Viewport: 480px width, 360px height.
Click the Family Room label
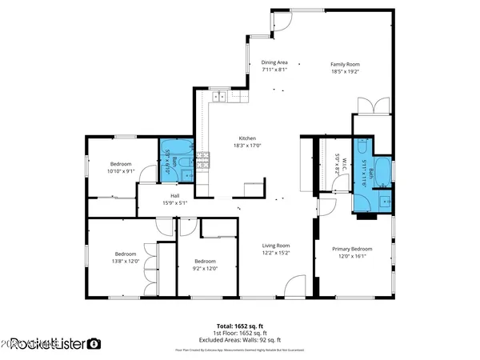click(346, 63)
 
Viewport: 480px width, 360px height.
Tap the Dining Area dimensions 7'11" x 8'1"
click(274, 70)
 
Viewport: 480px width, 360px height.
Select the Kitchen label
click(246, 137)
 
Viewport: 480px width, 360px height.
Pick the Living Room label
click(277, 246)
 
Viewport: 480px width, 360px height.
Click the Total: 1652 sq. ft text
click(239, 326)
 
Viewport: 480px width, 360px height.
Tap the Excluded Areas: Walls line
click(239, 340)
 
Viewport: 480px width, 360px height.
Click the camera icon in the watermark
click(94, 344)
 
